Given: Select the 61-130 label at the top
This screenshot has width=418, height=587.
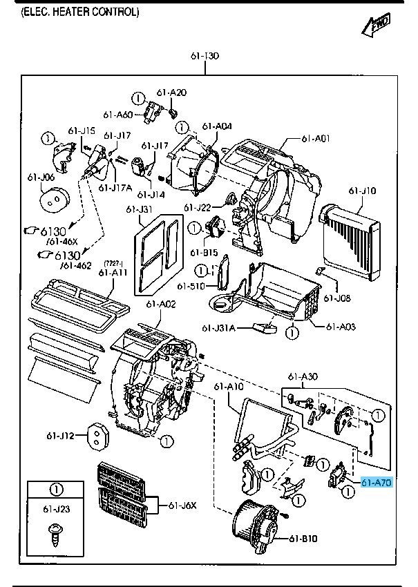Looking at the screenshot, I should (x=205, y=56).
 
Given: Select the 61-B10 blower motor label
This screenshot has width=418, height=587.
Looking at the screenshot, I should (x=303, y=539).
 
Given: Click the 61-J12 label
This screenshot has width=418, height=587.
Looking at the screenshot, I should (x=60, y=435).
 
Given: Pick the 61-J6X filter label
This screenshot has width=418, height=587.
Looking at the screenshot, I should (x=183, y=506).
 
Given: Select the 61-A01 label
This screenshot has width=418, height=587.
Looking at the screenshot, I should (x=315, y=139).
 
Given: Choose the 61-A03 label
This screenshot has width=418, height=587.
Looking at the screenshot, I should (x=341, y=326).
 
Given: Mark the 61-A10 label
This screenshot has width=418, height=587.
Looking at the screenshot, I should (x=228, y=386).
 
